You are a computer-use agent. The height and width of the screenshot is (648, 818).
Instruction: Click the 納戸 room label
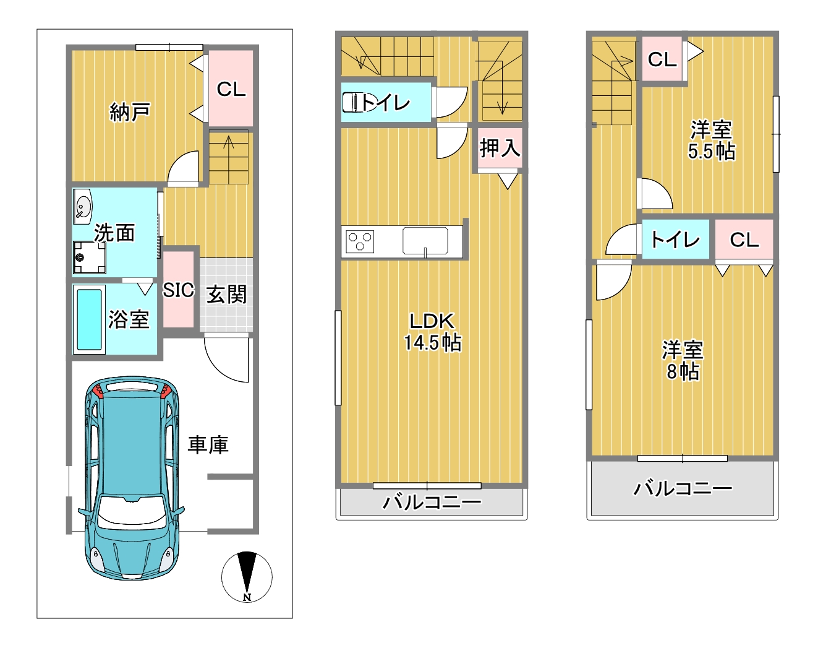(129, 112)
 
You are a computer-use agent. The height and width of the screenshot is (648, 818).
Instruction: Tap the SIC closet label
(179, 290)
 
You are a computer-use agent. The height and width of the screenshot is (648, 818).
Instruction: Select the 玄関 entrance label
(226, 294)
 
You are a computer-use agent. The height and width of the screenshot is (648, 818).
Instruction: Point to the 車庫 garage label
(208, 444)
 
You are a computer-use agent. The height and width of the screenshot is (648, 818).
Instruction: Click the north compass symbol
(247, 577)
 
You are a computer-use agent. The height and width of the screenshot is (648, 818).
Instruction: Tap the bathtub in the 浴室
(89, 319)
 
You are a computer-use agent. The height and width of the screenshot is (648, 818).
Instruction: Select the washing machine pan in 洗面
(90, 257)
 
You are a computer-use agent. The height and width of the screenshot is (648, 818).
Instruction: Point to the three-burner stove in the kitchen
(360, 241)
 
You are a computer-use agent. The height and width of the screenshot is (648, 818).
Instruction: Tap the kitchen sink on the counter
(425, 241)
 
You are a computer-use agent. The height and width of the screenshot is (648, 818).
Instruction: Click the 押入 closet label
(500, 148)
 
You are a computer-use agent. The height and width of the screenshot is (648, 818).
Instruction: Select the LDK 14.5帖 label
(432, 332)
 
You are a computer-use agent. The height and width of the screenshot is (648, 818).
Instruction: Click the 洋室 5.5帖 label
(711, 140)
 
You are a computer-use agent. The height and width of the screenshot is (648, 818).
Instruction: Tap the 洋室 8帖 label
(683, 361)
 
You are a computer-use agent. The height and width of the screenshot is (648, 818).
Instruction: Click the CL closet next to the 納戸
(231, 89)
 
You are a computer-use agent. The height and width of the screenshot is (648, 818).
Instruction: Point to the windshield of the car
(132, 514)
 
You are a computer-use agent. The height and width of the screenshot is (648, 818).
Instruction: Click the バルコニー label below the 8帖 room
(683, 488)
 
